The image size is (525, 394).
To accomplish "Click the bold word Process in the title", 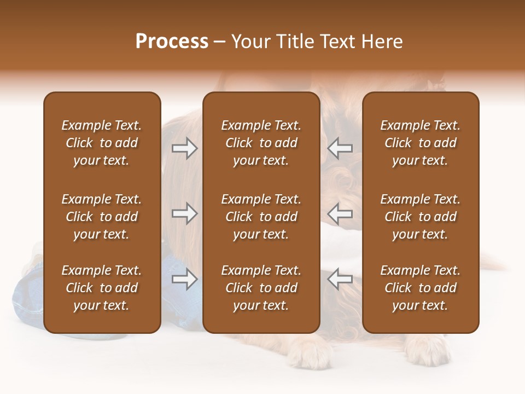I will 172,42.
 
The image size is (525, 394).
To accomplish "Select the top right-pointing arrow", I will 185,148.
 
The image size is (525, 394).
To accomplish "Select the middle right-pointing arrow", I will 185,214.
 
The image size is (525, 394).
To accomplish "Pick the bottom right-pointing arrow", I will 185,279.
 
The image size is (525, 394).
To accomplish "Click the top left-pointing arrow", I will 340,148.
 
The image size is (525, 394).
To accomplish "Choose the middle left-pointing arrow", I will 340,214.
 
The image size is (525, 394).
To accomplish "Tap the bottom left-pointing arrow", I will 340,279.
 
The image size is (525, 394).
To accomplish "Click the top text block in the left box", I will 102,143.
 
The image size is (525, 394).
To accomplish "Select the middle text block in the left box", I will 102,217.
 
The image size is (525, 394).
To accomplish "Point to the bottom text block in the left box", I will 102,288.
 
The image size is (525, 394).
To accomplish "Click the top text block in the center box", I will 261,143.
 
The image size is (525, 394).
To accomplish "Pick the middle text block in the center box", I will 261,217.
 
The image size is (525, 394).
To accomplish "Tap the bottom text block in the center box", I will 261,288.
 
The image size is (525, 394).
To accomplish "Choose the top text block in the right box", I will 420,143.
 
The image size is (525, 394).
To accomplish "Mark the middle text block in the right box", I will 420,217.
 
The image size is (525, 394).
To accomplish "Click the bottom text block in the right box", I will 420,288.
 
